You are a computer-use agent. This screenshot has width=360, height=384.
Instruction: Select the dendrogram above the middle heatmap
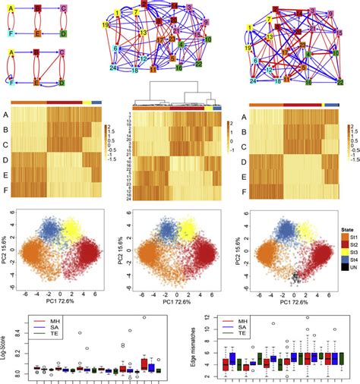point(178,99)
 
